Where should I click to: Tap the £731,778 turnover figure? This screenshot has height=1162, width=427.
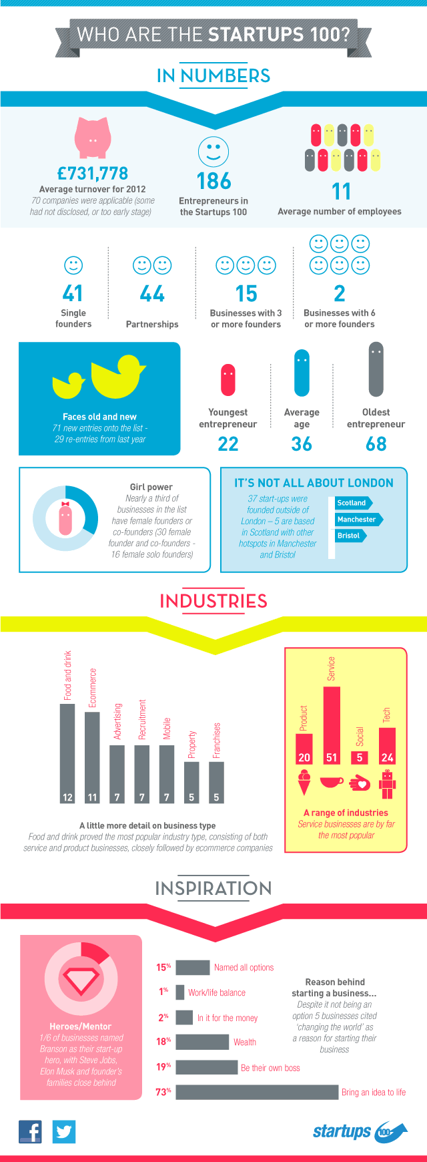(x=93, y=174)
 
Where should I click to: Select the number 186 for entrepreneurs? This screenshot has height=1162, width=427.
(x=213, y=181)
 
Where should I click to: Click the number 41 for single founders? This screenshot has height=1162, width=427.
(x=73, y=294)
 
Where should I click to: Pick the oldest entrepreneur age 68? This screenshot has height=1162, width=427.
(x=376, y=444)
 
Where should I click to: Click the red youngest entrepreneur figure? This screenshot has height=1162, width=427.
(x=228, y=379)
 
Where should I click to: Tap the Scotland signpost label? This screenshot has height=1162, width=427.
(x=352, y=503)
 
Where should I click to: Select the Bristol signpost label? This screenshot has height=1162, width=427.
(x=350, y=536)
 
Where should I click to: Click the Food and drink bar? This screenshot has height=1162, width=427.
(x=67, y=753)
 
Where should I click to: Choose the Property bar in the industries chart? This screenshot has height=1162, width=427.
(x=191, y=781)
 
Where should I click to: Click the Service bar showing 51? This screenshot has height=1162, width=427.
(x=332, y=725)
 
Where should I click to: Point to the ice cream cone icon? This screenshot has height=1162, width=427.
(x=304, y=782)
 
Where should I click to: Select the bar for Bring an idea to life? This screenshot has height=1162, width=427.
(x=257, y=1092)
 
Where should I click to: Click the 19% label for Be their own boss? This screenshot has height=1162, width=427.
(x=163, y=1067)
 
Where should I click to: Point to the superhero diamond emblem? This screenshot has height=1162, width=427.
(x=81, y=980)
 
